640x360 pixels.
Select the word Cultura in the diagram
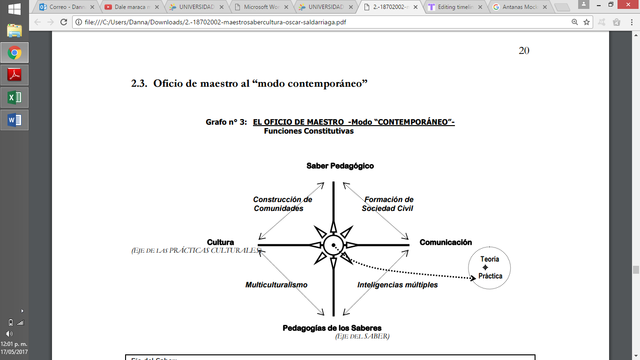221,242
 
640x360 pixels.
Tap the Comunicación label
445,242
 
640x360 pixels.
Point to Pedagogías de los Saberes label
341,326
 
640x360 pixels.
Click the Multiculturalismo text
276,285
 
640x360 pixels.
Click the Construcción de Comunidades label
282,203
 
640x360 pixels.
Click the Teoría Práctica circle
491,267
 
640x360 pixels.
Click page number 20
523,50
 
